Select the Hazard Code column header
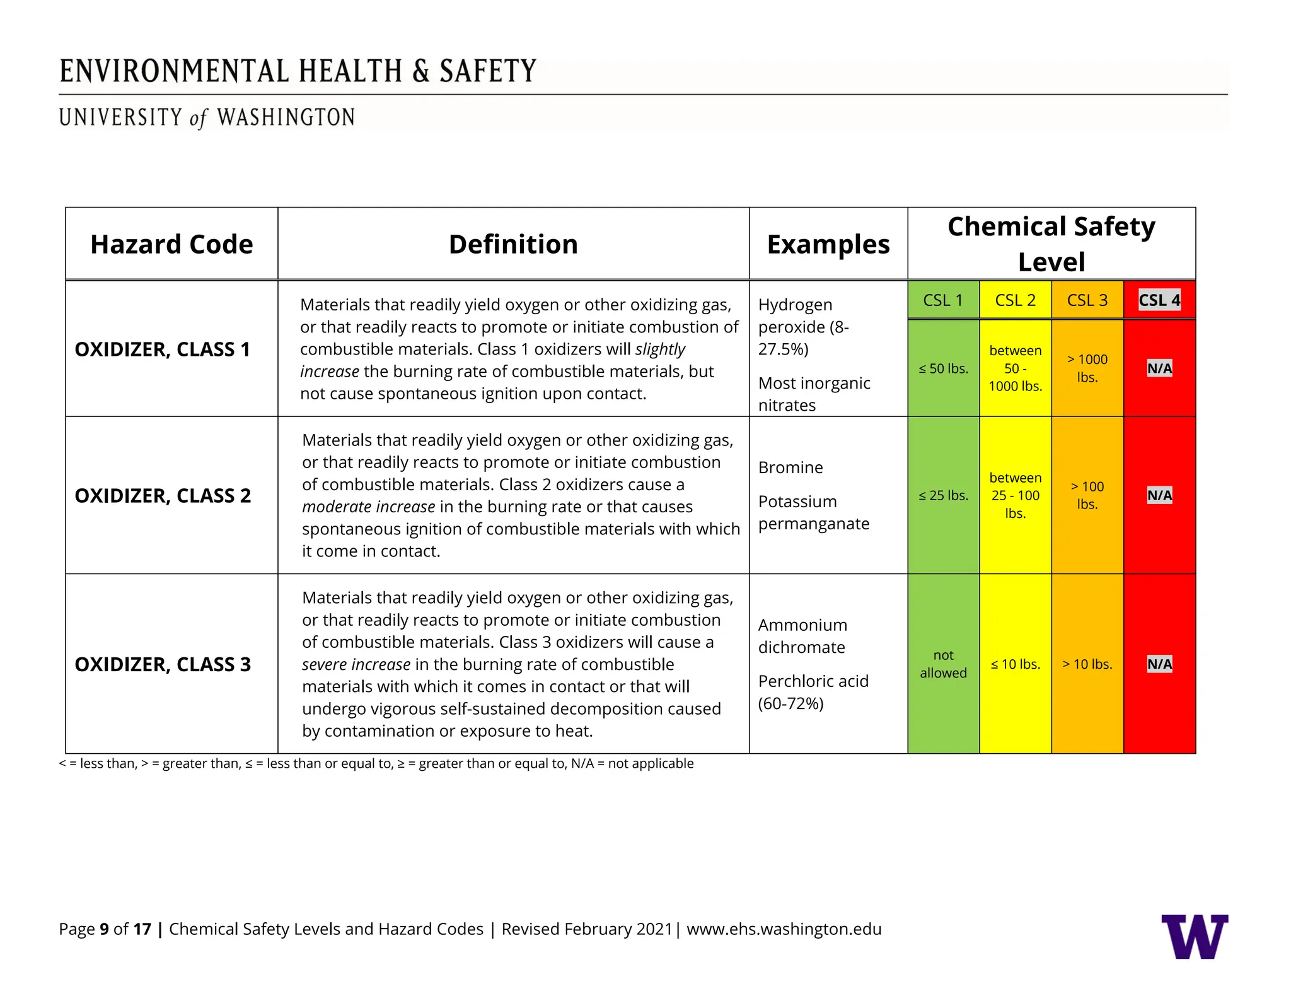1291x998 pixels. (171, 244)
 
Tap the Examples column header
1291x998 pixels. (828, 244)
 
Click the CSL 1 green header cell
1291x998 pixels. (942, 300)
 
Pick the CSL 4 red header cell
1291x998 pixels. (1159, 300)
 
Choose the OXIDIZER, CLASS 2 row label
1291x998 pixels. (163, 496)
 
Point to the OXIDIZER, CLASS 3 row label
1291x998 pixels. (163, 664)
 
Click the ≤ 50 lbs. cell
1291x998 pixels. (943, 368)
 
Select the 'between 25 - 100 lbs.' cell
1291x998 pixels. (1015, 496)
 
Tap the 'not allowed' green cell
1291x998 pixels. (943, 664)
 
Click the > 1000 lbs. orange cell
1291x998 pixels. (1087, 368)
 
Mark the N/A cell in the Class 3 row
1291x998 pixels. (1159, 664)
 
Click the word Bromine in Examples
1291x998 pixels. (790, 467)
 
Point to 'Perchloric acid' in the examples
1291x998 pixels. (813, 681)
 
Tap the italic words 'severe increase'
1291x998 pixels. (356, 664)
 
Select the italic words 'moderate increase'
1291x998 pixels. (368, 507)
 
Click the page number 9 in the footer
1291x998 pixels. (104, 929)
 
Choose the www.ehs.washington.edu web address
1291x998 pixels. (784, 929)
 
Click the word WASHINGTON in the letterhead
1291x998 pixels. (286, 118)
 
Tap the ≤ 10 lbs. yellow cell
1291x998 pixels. (1015, 664)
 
